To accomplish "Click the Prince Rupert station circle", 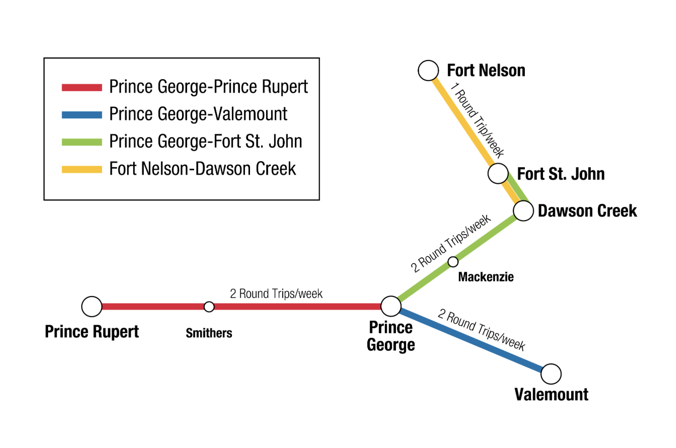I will coord(91,306).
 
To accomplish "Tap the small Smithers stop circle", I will coord(209,306).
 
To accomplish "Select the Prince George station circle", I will coord(391,306).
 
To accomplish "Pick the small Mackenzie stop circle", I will coord(453,262).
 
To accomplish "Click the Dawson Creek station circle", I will coord(524,211).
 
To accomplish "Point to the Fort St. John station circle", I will coord(498,174).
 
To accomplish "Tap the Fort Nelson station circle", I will coord(428,70).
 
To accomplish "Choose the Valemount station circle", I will coord(551,374).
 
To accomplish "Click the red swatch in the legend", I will coord(82,87).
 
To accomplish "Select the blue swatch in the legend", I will coord(82,115).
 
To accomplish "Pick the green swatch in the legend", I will coord(82,142).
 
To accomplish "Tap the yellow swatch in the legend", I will coord(82,169).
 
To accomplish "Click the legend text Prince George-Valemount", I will coord(198,114).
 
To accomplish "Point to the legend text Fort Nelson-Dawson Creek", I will coord(202,169).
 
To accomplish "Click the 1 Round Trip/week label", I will coord(477,120).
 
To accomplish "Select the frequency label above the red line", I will coord(276,294).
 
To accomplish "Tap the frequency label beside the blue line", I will coord(481,330).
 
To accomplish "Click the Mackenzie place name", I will coord(486,277).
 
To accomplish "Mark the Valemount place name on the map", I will coord(551,394).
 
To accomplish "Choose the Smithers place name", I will coord(209,333).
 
